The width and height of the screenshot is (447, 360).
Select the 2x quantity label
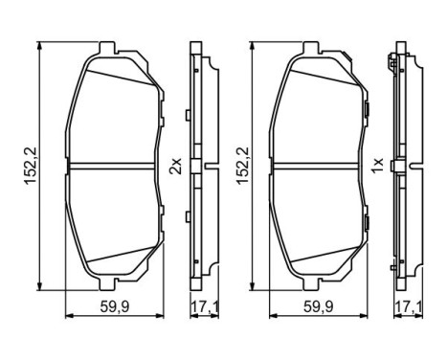(x=176, y=167)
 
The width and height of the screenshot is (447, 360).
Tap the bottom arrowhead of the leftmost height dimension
(x=40, y=284)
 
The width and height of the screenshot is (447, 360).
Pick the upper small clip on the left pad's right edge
(x=163, y=117)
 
